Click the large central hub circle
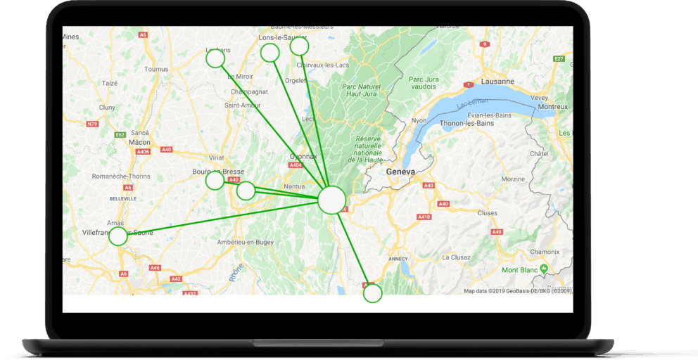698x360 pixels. pos(332,200)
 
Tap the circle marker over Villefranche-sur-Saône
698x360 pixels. pos(118,236)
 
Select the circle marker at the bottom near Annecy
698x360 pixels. pos(372,293)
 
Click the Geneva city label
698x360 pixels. pos(401,171)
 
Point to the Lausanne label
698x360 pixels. pos(497,81)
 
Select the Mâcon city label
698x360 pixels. pos(140,142)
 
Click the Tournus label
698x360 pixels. pos(156,69)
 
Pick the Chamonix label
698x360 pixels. pos(545,251)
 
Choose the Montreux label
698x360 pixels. pos(552,107)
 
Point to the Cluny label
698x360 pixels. pos(107,107)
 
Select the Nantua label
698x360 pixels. pos(294,186)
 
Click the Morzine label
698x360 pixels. pos(513,179)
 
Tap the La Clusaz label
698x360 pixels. pos(456,257)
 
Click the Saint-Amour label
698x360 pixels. pos(238,105)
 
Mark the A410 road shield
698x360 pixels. pos(424,217)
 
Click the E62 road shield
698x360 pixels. pos(120,134)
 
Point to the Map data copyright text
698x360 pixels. pos(517,290)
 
